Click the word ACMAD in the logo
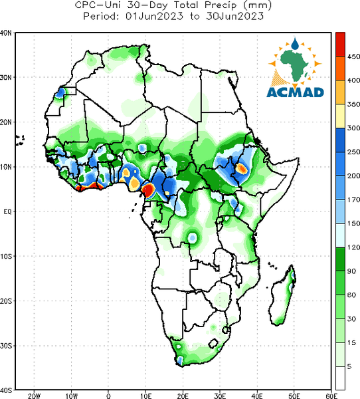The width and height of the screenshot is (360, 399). click(x=295, y=92)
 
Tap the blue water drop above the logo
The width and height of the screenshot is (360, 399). click(x=295, y=44)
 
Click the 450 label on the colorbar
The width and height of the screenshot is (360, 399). click(x=353, y=57)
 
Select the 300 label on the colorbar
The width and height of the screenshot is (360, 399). click(x=353, y=128)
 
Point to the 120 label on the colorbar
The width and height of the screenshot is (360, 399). click(x=353, y=247)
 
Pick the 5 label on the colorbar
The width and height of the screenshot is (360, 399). click(x=349, y=366)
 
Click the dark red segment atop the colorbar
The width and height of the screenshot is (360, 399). click(x=340, y=45)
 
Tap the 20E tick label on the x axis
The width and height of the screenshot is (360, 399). click(x=183, y=396)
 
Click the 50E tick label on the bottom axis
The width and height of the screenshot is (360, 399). click(x=294, y=396)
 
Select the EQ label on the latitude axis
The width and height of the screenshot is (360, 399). click(x=7, y=211)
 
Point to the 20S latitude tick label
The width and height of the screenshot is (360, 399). click(x=6, y=301)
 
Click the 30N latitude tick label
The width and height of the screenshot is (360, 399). click(x=6, y=77)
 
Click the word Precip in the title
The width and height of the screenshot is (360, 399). click(x=220, y=5)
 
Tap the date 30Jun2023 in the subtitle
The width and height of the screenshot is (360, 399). click(x=234, y=16)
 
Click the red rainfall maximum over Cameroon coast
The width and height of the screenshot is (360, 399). click(x=148, y=190)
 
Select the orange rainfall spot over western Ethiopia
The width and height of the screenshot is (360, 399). click(x=241, y=168)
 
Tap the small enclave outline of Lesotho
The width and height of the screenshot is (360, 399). click(x=213, y=343)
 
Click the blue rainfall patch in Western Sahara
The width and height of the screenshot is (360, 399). click(x=60, y=92)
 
